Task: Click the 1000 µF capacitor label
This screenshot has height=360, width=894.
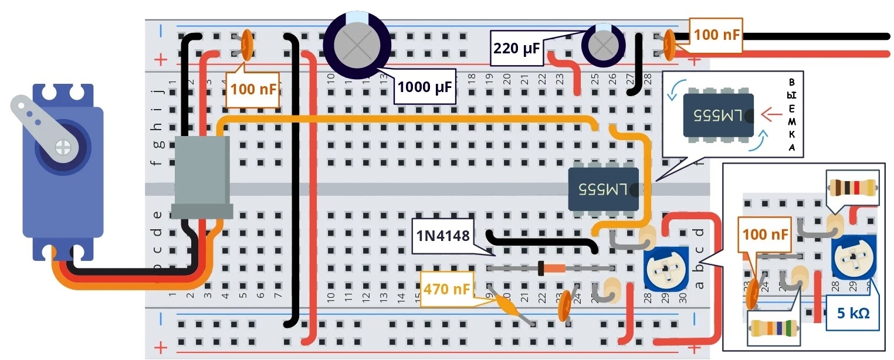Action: [425, 89]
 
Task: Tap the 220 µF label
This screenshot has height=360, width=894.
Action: [516, 48]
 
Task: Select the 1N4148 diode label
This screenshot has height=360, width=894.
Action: [443, 236]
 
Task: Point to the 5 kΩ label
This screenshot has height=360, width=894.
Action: [853, 313]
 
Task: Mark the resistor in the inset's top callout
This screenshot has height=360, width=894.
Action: [853, 188]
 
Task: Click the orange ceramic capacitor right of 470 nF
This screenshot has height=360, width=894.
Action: [565, 306]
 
